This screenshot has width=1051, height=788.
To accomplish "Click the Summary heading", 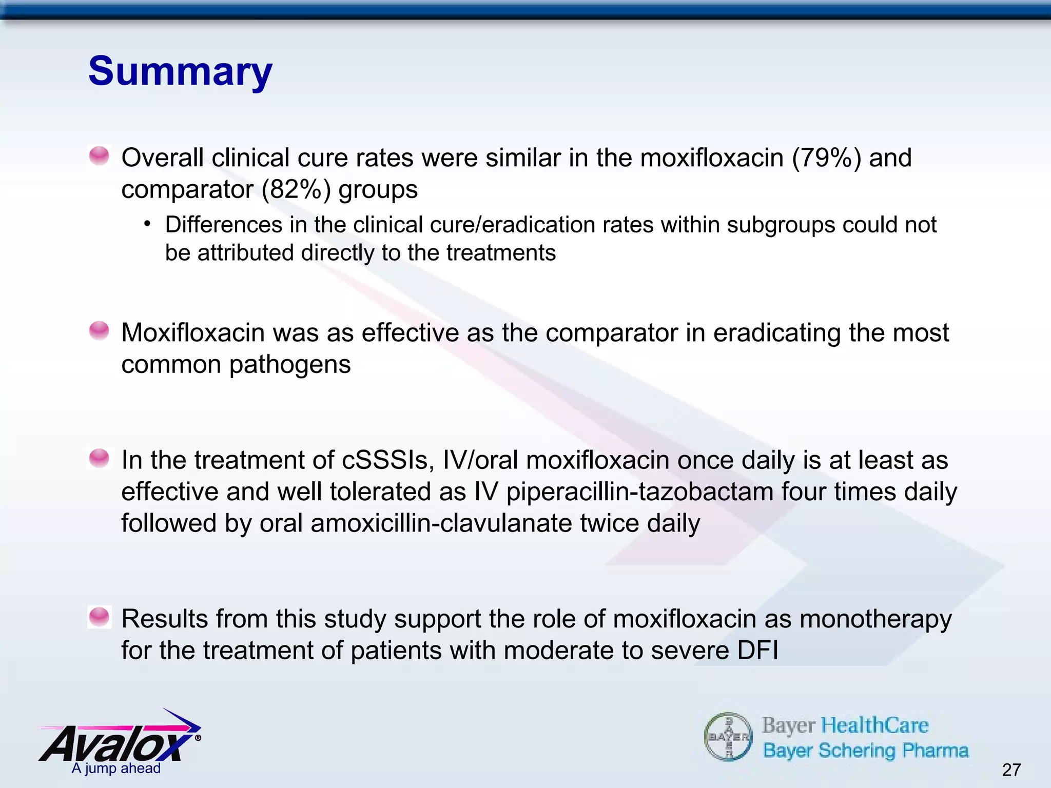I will pyautogui.click(x=180, y=71).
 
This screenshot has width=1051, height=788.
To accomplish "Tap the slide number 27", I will pyautogui.click(x=1011, y=770).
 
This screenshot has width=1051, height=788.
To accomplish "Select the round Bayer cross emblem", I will pyautogui.click(x=728, y=737).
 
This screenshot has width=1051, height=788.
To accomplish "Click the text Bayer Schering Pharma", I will pyautogui.click(x=866, y=751).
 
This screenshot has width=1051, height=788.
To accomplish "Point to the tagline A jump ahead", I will pyautogui.click(x=116, y=768).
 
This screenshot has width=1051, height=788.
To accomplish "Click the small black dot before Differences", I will pyautogui.click(x=148, y=224).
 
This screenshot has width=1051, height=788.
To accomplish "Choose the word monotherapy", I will pyautogui.click(x=875, y=619).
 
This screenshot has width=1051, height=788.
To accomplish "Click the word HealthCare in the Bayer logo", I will pyautogui.click(x=875, y=725).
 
